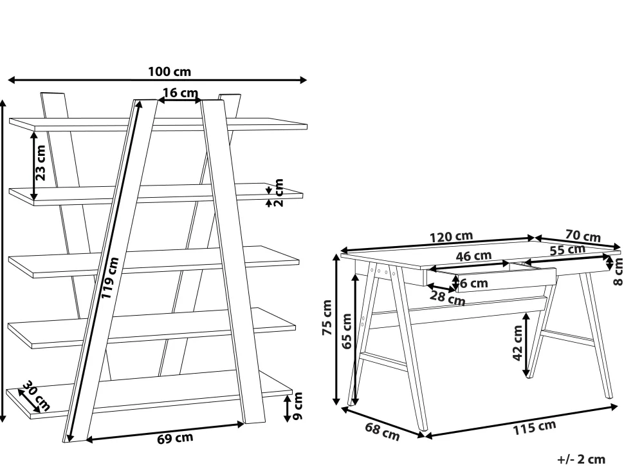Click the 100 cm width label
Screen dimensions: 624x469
tap(170, 72)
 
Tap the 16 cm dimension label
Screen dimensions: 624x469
tap(180, 93)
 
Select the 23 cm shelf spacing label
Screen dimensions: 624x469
tap(41, 163)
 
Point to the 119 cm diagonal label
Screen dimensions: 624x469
tap(110, 278)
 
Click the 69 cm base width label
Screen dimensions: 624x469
tap(175, 438)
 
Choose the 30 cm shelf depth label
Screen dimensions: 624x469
tap(37, 396)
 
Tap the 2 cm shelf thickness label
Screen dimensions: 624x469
tap(279, 193)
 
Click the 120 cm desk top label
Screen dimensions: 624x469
tap(452, 236)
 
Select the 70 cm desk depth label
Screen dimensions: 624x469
tap(583, 236)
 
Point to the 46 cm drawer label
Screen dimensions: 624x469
tap(473, 256)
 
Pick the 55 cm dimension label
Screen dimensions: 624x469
tap(567, 250)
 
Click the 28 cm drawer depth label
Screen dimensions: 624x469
tap(447, 298)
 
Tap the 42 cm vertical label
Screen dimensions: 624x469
tap(517, 343)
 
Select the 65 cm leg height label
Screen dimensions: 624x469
tap(347, 332)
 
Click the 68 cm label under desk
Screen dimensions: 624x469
tap(382, 432)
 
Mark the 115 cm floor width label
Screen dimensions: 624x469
tap(534, 428)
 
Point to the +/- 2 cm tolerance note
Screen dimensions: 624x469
tap(581, 459)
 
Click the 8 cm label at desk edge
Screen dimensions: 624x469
tap(618, 271)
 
